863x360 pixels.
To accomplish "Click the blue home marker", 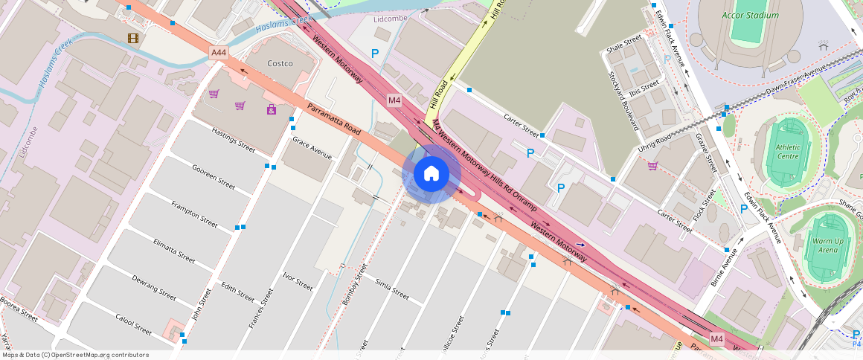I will coord(431,174).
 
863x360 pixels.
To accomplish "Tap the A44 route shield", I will coord(218,53).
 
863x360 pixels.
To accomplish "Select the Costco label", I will coord(280,63).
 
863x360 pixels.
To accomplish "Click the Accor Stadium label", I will coord(751,15).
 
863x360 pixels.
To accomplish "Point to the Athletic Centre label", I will coord(788,152).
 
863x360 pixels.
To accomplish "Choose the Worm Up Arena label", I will coord(824,245).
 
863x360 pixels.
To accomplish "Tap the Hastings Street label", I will coord(234,139).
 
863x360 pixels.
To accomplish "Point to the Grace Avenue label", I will coord(312,148).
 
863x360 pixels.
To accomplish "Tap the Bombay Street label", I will coord(356,283).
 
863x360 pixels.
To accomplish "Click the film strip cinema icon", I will coord(133,39).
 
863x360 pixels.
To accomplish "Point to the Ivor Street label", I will coord(298,281).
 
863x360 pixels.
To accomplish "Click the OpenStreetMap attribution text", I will coord(76,355).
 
